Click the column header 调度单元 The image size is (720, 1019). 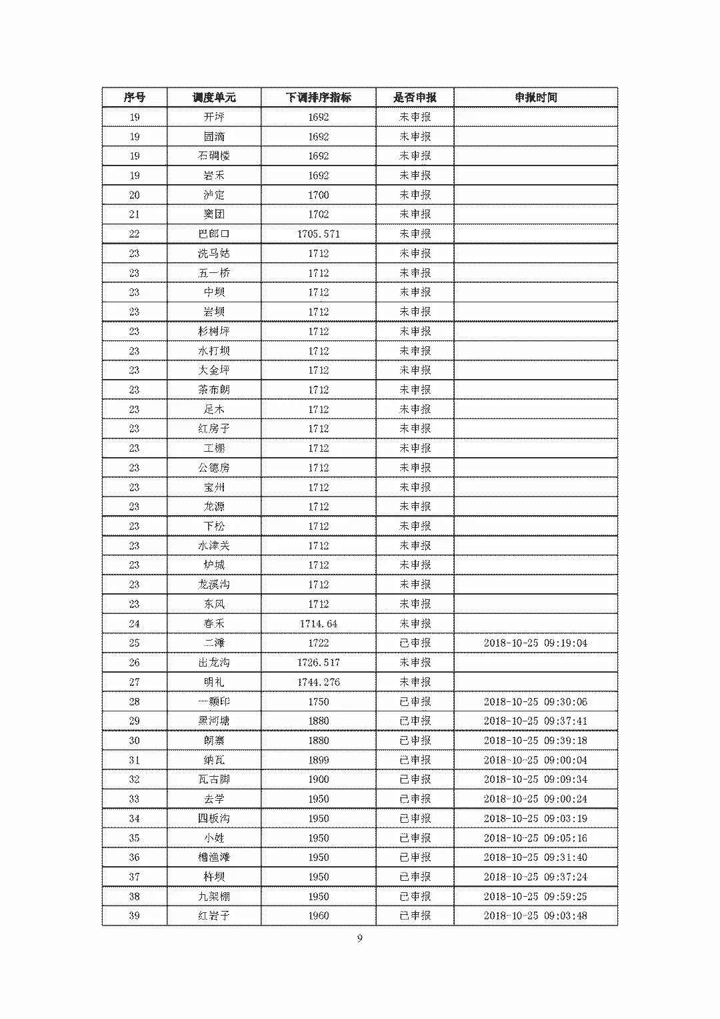[214, 97]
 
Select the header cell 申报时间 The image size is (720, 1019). [535, 97]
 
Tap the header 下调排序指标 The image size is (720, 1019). [318, 97]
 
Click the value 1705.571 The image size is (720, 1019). [318, 234]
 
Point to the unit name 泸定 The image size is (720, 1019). [214, 195]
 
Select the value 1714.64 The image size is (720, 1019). [318, 623]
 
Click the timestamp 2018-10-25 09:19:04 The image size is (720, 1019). [535, 643]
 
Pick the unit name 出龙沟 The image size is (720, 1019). [214, 662]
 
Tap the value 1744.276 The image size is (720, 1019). [318, 682]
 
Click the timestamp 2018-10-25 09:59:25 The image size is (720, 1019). [535, 896]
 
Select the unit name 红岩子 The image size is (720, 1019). [214, 916]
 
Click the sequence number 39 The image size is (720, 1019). [134, 916]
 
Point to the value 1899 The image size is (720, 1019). [318, 759]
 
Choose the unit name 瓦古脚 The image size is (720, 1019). [214, 779]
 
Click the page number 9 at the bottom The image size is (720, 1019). [360, 939]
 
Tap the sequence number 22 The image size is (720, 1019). [134, 234]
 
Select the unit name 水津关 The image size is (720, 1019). [214, 545]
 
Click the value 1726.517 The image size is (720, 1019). [318, 662]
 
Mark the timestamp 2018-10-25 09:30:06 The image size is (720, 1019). [535, 701]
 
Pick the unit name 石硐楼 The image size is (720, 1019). [214, 155]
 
